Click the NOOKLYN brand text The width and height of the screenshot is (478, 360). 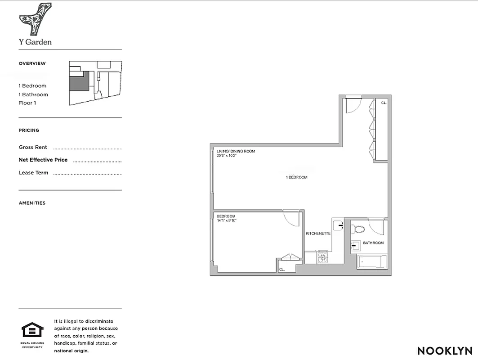(x=444, y=351)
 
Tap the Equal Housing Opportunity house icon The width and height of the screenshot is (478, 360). (x=32, y=330)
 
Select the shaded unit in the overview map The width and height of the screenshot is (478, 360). (x=78, y=82)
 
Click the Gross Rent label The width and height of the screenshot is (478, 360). (x=33, y=147)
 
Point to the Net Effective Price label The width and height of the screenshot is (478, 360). (x=43, y=160)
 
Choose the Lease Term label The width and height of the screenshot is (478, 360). (x=33, y=173)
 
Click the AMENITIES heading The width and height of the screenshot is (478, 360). (x=32, y=203)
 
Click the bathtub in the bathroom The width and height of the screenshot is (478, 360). (x=371, y=261)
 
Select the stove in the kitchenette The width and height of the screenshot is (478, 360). (x=323, y=257)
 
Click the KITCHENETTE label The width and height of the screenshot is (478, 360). (x=318, y=234)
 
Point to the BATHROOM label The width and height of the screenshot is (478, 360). (x=373, y=243)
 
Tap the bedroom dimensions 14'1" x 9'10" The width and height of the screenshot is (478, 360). (x=227, y=220)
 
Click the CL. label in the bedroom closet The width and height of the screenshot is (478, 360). (x=281, y=270)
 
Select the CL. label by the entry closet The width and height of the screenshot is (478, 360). (x=384, y=103)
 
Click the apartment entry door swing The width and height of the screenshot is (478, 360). (x=353, y=105)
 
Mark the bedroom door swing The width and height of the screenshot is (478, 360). (x=292, y=219)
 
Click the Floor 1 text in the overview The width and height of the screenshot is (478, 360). (x=27, y=103)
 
